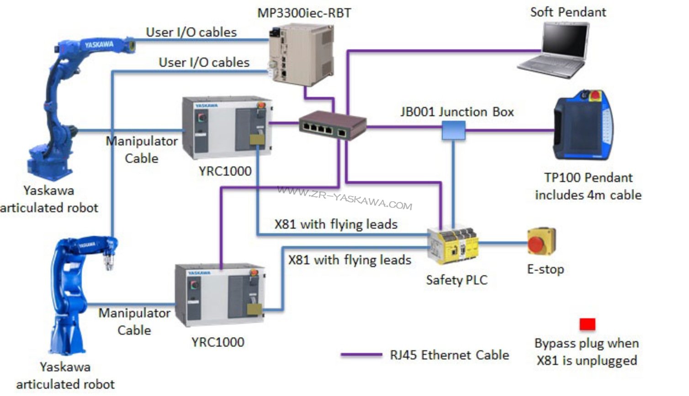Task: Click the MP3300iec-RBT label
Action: (x=304, y=13)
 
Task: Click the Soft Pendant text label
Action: (x=568, y=12)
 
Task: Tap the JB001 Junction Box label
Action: (x=457, y=112)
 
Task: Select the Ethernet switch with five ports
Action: (x=332, y=125)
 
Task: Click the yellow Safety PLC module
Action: (x=453, y=246)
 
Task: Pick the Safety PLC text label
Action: (x=456, y=280)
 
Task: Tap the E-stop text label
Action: (x=545, y=269)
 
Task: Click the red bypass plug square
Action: (x=587, y=324)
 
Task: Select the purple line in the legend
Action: (x=361, y=355)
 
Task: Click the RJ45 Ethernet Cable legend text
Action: (x=449, y=355)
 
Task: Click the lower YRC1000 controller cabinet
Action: (x=219, y=295)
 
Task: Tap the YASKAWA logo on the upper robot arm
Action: (x=99, y=45)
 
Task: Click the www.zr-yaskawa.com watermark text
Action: (x=345, y=198)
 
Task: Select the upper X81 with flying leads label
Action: (x=336, y=224)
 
